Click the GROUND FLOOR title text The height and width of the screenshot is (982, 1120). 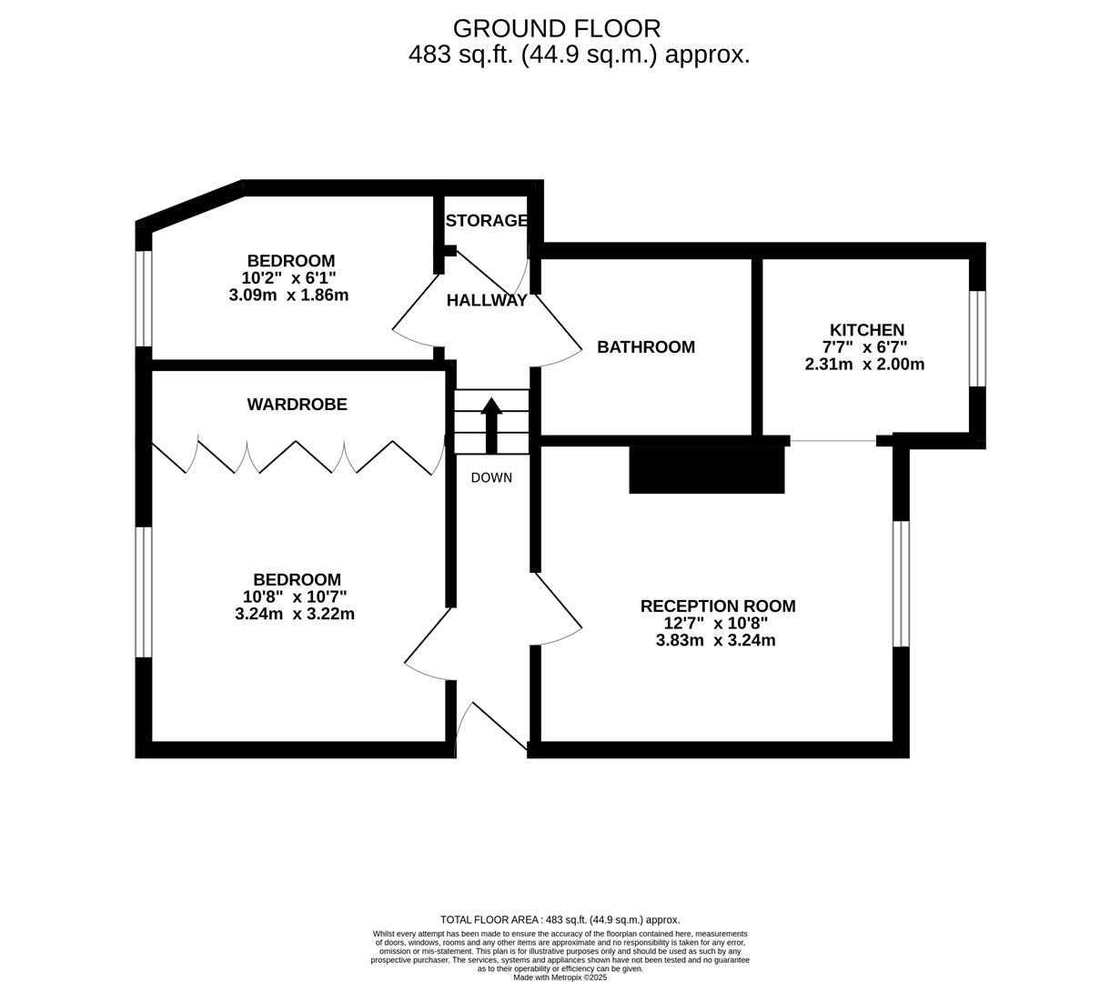(556, 28)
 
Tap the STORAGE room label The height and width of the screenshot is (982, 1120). (487, 220)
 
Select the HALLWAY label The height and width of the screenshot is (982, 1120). (487, 301)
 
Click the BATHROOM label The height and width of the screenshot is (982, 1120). (645, 346)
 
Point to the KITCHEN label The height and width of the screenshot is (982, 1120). (866, 330)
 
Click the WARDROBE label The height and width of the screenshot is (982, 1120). (297, 405)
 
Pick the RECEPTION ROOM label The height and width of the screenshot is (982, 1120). (717, 606)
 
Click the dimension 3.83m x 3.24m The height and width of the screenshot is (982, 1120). (715, 640)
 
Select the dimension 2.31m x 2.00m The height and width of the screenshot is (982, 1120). (864, 365)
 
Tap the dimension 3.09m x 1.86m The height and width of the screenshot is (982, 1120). (288, 296)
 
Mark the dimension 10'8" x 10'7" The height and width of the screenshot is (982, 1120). (294, 596)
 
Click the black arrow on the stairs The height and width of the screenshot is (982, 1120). (491, 424)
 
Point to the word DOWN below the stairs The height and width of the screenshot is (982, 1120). (491, 478)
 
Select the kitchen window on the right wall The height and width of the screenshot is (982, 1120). (977, 338)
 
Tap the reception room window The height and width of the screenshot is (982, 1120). (901, 583)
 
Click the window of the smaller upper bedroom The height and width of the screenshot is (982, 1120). (144, 298)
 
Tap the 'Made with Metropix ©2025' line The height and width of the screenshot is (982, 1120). (560, 977)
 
